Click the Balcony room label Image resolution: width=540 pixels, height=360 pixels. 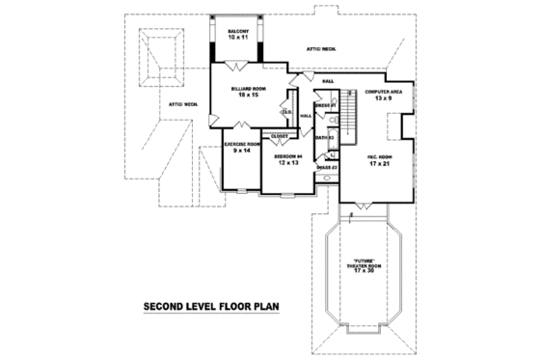[238, 32]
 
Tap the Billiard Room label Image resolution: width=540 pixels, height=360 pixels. [246, 89]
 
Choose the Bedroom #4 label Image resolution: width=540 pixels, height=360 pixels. [287, 155]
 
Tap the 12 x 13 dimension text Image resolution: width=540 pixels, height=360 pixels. [287, 162]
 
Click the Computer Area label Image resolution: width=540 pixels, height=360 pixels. [383, 92]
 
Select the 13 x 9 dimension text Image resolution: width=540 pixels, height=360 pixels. [383, 98]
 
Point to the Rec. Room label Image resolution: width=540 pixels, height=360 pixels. [377, 154]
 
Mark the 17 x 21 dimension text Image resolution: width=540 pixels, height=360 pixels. [377, 162]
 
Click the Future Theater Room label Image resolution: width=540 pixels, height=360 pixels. [364, 263]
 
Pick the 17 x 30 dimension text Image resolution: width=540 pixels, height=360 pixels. [364, 272]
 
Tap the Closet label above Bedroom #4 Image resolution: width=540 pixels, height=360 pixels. [280, 136]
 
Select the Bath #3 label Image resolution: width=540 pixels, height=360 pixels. [326, 138]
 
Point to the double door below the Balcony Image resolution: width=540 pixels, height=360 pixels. [239, 66]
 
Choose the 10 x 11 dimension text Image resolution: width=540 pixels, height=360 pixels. [238, 39]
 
